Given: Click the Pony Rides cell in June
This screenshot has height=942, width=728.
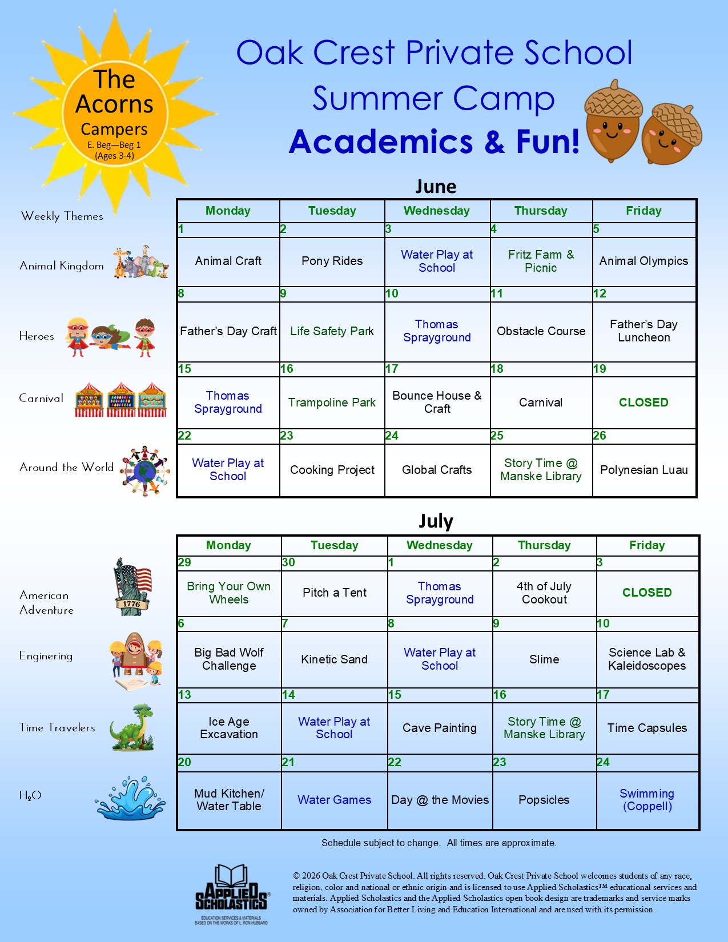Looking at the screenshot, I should click(x=332, y=261).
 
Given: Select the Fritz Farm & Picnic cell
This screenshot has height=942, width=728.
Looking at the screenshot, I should click(x=541, y=261).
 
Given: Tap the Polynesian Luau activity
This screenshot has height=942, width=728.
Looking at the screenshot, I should click(x=643, y=470).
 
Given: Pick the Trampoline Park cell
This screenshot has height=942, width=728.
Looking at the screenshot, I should click(x=332, y=402).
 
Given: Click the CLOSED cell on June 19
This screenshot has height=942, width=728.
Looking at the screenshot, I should click(x=643, y=402).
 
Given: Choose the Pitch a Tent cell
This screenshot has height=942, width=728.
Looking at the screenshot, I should click(x=335, y=593).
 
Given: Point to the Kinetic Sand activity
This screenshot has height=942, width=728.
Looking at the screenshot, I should click(x=335, y=659).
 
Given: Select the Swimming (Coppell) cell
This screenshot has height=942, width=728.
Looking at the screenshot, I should click(x=647, y=800).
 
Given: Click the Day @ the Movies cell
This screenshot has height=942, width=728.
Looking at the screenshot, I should click(x=440, y=800).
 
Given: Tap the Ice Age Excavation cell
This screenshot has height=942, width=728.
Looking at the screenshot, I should click(x=229, y=728).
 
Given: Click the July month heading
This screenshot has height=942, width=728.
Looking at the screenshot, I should click(x=436, y=521).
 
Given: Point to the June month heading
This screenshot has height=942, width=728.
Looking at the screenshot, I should click(x=436, y=187).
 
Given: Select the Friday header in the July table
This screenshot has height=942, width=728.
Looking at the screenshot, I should click(x=647, y=545).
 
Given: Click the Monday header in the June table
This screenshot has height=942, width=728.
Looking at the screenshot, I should click(x=228, y=211).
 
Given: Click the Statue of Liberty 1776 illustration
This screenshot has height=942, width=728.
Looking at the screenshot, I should click(x=132, y=587).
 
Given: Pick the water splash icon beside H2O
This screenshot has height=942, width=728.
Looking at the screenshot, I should click(x=130, y=798).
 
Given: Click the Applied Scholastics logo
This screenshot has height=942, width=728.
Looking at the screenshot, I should click(x=231, y=893).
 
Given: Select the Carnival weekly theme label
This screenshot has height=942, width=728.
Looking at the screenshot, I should click(x=41, y=398).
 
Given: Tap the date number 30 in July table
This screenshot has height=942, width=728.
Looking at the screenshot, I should click(x=288, y=562).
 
